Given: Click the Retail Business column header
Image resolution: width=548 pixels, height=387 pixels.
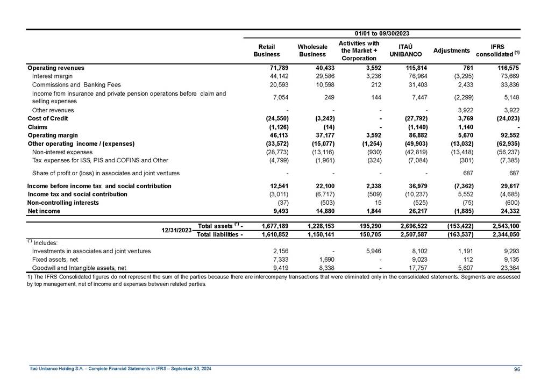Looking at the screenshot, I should click(267, 51).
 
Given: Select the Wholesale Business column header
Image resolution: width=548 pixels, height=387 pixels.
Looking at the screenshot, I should click(312, 51).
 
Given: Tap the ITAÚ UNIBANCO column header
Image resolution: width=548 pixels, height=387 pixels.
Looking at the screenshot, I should click(405, 51).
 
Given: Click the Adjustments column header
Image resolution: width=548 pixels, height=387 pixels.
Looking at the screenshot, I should click(451, 51).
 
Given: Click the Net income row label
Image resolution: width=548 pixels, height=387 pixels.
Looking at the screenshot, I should click(44, 211).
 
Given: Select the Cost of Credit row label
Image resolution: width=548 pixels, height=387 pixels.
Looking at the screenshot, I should click(47, 118).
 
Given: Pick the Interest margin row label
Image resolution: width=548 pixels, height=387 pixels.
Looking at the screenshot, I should click(53, 76).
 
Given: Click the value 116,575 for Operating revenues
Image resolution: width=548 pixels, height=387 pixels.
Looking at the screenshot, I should click(507, 68).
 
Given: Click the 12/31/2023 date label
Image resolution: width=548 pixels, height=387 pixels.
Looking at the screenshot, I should click(177, 230).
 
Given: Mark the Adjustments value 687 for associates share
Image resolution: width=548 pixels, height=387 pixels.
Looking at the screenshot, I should click(467, 173).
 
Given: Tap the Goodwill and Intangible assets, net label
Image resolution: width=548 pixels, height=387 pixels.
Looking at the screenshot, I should click(79, 267).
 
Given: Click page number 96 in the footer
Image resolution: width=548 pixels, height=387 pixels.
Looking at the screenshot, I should click(516, 369).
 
